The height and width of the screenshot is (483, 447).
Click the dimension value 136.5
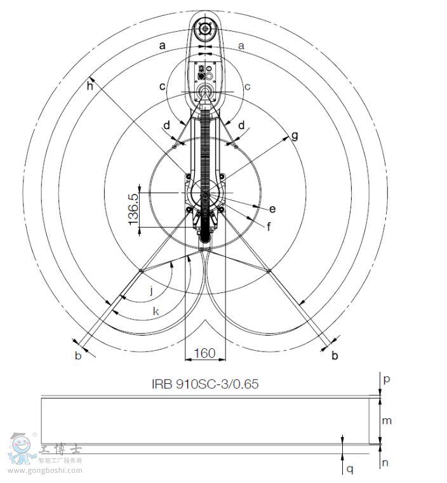pyautogui.click(x=133, y=210)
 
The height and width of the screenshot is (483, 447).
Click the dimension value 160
pyautogui.click(x=205, y=353)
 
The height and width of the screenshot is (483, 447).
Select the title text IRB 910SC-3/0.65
pyautogui.click(x=205, y=384)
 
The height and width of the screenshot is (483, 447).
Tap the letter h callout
pyautogui.click(x=90, y=86)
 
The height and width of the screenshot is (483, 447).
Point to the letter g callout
pyautogui.click(x=295, y=136)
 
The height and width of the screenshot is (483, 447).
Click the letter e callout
pyautogui.click(x=272, y=209)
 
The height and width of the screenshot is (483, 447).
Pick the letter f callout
pyautogui.click(x=269, y=227)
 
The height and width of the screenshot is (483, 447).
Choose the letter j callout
pyautogui.click(x=152, y=290)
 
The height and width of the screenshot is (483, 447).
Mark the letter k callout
pyautogui.click(x=156, y=311)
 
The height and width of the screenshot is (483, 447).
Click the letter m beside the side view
pyautogui.click(x=387, y=421)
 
